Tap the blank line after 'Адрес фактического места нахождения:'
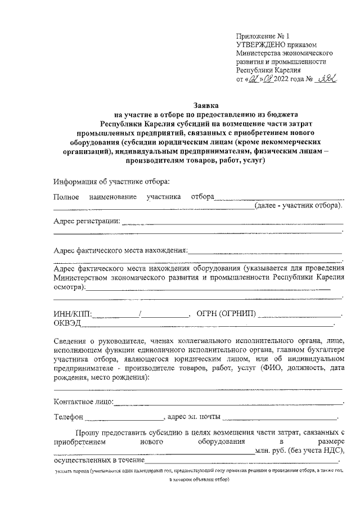pyautogui.click(x=264, y=251)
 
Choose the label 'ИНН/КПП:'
pyautogui.click(x=74, y=313)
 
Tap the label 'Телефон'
pyautogui.click(x=69, y=417)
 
